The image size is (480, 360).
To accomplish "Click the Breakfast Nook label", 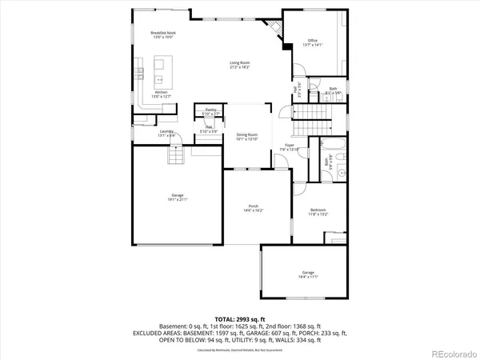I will click(x=162, y=34).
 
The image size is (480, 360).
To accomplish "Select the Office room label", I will click(x=313, y=42).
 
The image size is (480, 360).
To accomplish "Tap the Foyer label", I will click(x=290, y=146).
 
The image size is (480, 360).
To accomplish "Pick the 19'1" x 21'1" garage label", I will click(x=177, y=198).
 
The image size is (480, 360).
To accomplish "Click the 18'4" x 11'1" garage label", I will click(x=309, y=274).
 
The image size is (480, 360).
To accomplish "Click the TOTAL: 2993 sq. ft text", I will click(x=240, y=318).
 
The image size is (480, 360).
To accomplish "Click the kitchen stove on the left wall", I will click(x=138, y=73).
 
